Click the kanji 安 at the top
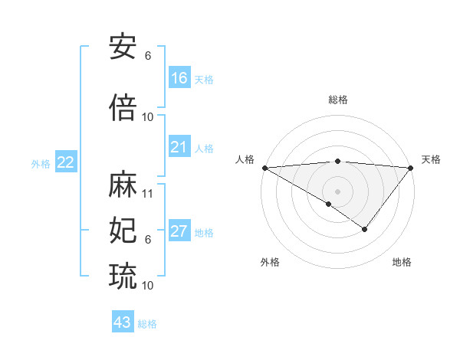123,47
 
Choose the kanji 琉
123,274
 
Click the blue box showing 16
179,78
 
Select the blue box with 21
179,148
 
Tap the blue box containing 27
179,232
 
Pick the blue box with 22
66,162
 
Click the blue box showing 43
123,322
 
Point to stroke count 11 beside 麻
148,194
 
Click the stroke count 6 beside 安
148,56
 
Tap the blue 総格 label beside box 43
147,324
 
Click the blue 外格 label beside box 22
41,163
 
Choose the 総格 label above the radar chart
337,100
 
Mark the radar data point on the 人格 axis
264,168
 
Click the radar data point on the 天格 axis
411,167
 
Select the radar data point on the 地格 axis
365,229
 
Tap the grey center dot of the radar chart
337,191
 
